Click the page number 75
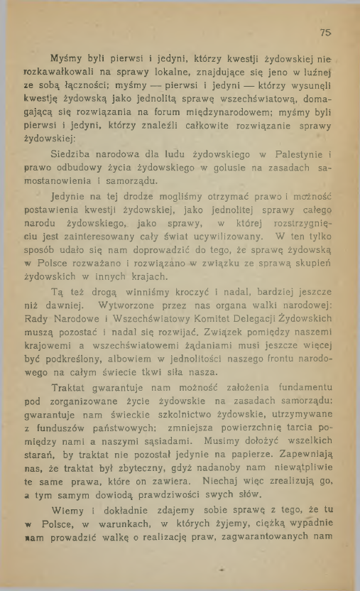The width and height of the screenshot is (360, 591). [x=325, y=32]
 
